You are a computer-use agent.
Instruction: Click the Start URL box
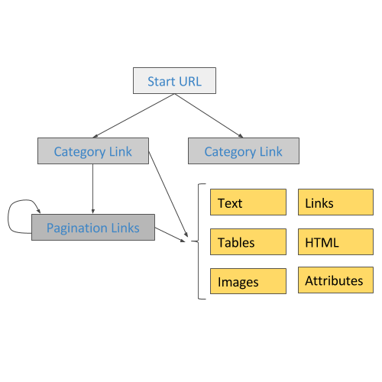pos(174,80)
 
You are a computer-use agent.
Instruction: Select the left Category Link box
pos(93,151)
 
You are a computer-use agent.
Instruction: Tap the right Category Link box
pos(244,151)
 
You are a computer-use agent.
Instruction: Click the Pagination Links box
pos(93,227)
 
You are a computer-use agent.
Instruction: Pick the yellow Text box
pos(248,202)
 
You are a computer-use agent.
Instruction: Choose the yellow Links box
pos(335,202)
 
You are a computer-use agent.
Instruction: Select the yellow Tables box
pos(248,241)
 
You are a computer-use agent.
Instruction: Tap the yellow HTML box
pos(335,241)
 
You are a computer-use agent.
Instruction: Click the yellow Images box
pos(248,281)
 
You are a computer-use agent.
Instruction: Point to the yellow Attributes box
pos(335,280)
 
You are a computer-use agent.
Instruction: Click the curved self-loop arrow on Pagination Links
pos(8,216)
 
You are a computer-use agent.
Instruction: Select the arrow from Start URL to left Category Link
pos(134,115)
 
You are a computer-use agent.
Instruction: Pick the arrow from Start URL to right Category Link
pos(209,115)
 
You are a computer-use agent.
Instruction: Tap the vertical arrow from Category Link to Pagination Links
pos(93,189)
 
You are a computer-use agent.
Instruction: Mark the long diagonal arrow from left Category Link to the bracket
pos(168,194)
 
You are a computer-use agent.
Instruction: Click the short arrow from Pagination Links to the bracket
pos(170,235)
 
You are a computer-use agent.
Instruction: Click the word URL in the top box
pos(190,82)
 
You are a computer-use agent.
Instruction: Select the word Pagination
pos(76,228)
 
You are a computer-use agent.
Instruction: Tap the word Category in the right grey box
pos(230,152)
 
